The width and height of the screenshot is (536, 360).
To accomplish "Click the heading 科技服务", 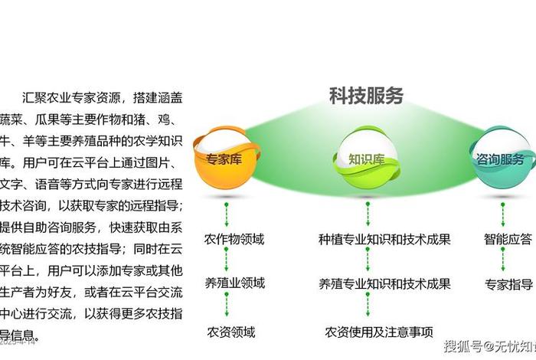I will point(366,96).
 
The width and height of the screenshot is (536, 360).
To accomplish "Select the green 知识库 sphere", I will point(367,159).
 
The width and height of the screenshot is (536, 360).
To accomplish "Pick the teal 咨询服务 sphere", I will point(502,159).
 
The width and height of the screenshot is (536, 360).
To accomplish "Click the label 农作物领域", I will point(234,239).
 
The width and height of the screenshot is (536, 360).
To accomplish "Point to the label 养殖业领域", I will point(234,283).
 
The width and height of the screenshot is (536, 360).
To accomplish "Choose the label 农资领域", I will point(230,332).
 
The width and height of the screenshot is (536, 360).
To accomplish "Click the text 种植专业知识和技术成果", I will point(384,239).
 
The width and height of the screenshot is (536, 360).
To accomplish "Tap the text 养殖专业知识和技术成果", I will point(384,284).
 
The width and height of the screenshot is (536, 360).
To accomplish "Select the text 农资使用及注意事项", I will point(379,332).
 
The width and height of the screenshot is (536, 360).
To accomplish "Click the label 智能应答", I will point(508,239).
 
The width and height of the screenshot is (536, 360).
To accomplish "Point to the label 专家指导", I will point(508,284).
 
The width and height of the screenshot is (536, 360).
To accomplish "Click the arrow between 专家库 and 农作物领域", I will point(227,211).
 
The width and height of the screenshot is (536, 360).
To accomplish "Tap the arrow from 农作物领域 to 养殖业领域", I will point(227,261).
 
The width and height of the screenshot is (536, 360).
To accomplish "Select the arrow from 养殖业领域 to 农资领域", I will point(227,307).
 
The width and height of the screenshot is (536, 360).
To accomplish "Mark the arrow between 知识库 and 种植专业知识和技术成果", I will point(368,211).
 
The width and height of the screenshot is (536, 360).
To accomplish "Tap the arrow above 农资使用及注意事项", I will point(368,307).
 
